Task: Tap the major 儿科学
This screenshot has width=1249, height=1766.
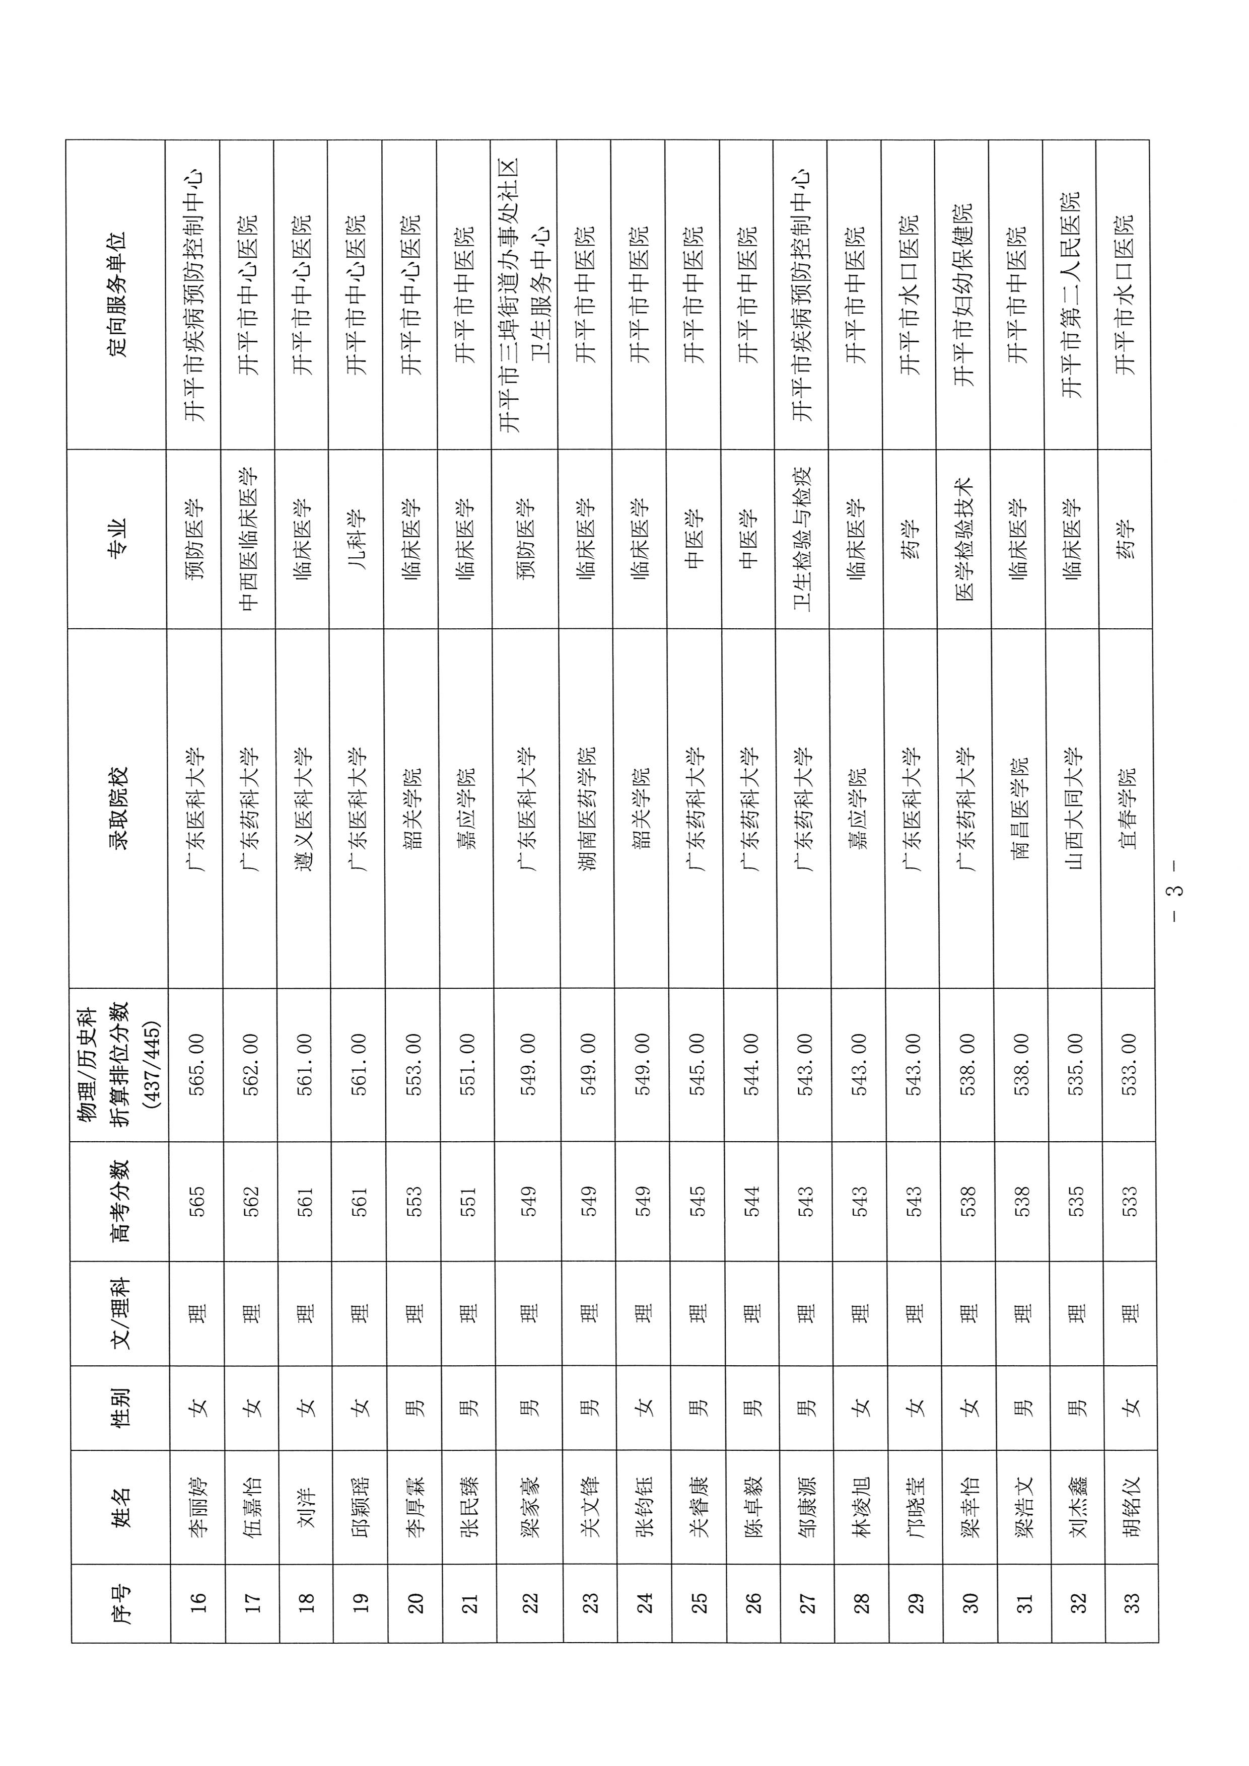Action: tap(360, 539)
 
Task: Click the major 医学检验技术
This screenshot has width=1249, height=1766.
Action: tap(966, 539)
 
